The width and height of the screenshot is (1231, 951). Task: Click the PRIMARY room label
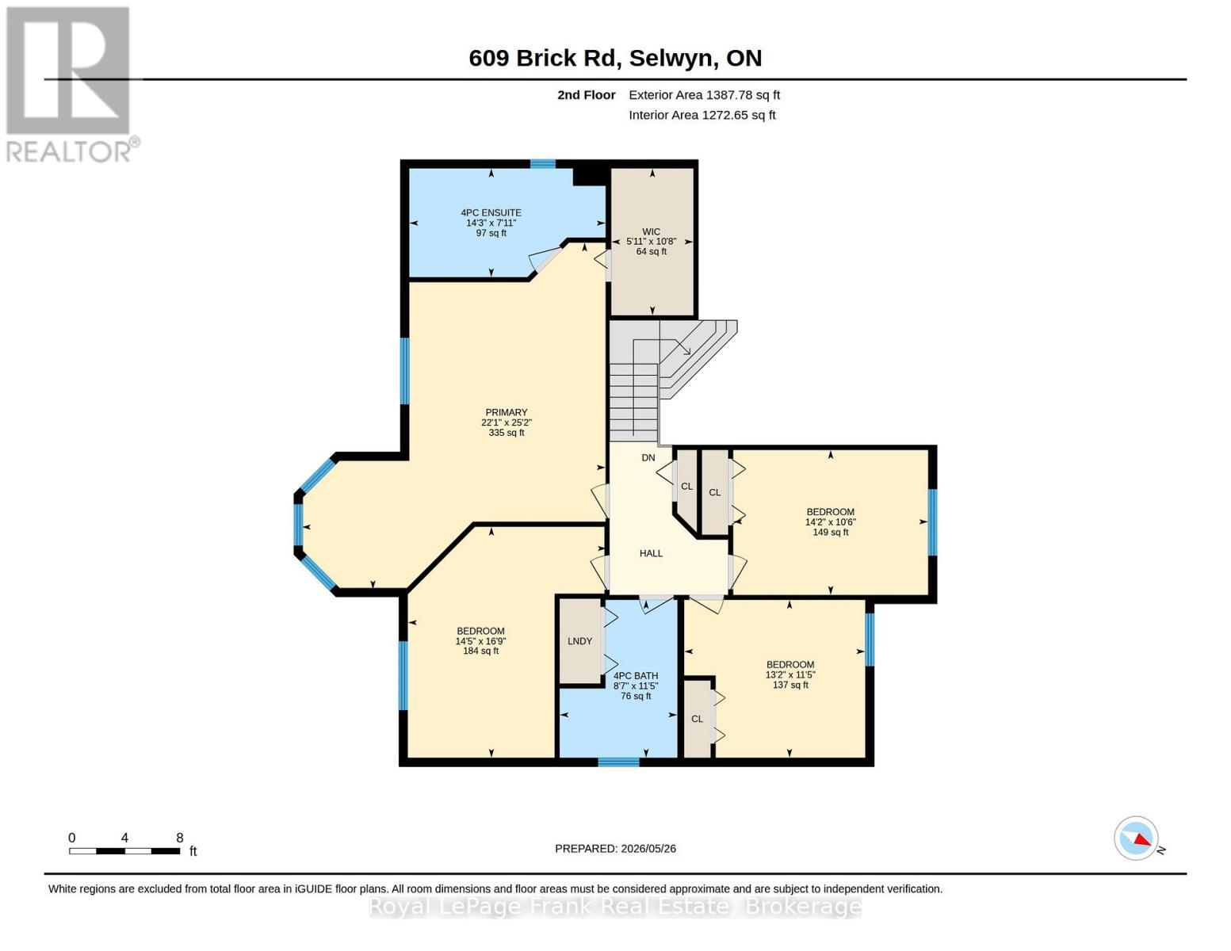coord(506,412)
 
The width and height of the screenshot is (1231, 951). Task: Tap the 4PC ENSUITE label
coord(491,213)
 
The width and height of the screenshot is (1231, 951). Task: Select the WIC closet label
coord(651,231)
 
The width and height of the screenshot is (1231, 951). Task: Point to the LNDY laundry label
coord(579,641)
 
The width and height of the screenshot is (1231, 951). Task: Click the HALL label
coord(651,553)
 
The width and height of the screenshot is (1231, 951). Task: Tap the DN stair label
coord(648,457)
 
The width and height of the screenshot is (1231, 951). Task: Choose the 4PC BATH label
coord(636,676)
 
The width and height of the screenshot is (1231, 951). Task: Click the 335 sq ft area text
coord(507,433)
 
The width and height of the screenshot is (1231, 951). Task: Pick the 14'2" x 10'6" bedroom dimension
coord(831,522)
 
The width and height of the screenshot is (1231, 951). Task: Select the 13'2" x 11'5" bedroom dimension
coord(790,674)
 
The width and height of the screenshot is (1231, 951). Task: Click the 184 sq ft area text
coord(481,651)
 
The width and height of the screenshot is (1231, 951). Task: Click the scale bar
coord(124,850)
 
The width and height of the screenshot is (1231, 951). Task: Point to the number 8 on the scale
coord(180,838)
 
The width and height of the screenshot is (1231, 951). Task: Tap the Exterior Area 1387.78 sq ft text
coord(704,95)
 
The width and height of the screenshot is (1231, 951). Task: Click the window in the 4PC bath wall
coord(618,762)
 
